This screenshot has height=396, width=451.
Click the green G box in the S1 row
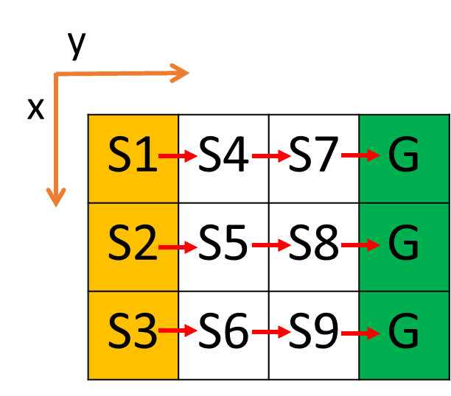pos(404,158)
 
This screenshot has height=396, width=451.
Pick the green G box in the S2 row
pos(404,247)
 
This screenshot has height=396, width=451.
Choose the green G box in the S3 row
pos(404,335)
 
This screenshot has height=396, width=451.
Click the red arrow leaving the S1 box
pos(179,156)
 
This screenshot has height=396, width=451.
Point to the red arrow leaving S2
pos(179,247)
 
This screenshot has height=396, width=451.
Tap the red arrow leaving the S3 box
pos(179,330)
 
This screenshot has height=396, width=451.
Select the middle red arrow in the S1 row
pos(272,156)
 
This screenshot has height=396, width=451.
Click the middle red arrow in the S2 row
pos(272,244)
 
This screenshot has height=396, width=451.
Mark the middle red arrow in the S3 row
pos(272,332)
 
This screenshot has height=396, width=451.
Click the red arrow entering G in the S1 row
pos(360,155)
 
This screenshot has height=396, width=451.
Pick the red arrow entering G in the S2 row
pos(360,244)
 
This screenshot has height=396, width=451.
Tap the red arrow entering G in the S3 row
pos(360,333)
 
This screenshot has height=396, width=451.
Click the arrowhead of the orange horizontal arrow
pos(181,73)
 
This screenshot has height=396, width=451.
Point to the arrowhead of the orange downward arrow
pos(56,197)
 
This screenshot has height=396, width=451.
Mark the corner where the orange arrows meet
pos(57,74)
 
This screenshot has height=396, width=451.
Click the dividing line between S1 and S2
pos(133,202)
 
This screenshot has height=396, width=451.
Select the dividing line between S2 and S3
pos(133,291)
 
